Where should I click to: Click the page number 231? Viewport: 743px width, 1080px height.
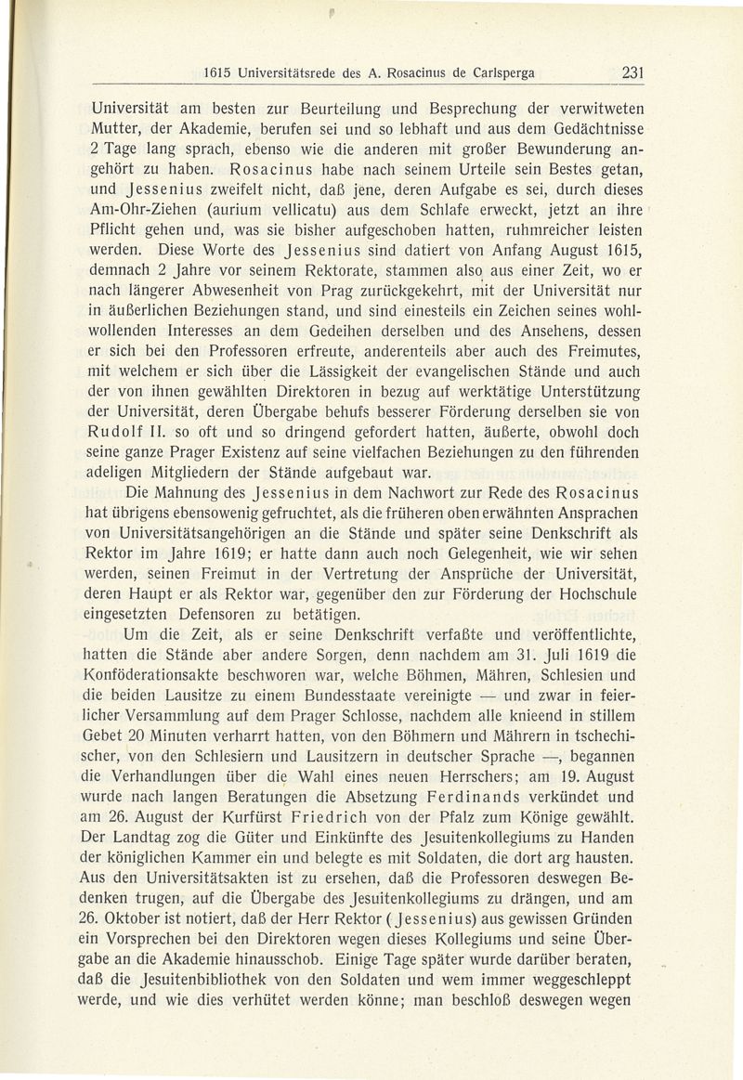point(633,73)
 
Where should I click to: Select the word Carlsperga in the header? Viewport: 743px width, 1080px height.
point(506,74)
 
